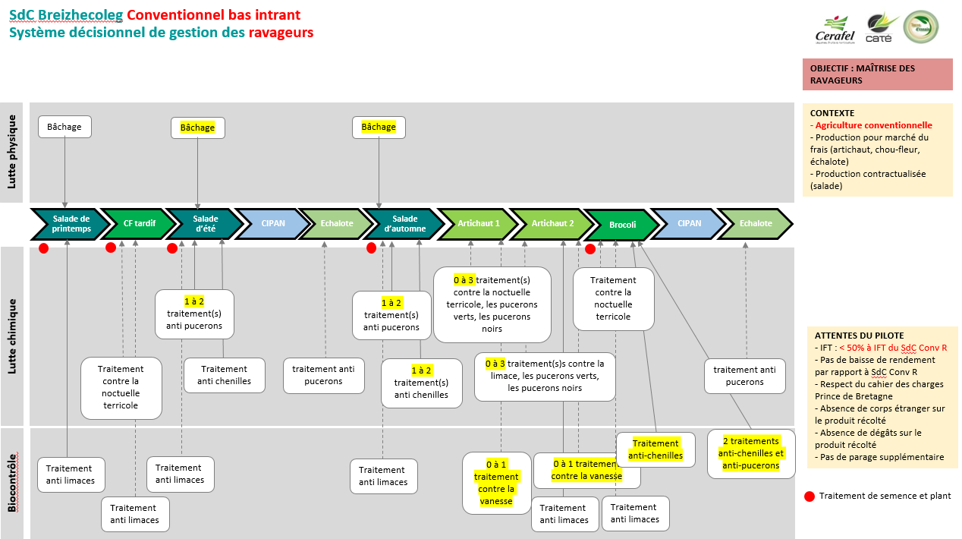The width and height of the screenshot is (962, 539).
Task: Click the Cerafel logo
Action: pyautogui.click(x=835, y=29)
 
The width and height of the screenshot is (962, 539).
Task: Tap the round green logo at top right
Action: pyautogui.click(x=920, y=27)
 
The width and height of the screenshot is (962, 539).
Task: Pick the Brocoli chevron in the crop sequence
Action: pyautogui.click(x=621, y=225)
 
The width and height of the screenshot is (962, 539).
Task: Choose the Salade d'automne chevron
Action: pyautogui.click(x=404, y=223)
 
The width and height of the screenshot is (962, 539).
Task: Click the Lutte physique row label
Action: pyautogui.click(x=11, y=153)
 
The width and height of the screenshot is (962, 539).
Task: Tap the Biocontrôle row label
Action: pyautogui.click(x=12, y=482)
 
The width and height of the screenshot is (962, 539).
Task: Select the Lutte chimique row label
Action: pyautogui.click(x=12, y=336)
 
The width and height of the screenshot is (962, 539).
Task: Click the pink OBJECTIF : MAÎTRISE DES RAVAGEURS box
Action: pyautogui.click(x=877, y=74)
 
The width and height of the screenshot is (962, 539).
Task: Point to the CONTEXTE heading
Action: pyautogui.click(x=832, y=113)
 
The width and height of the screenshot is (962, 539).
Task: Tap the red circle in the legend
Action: pyautogui.click(x=810, y=496)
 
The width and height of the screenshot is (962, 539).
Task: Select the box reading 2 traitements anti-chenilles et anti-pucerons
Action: pyautogui.click(x=750, y=453)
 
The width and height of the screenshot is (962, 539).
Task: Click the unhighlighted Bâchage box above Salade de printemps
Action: pyautogui.click(x=64, y=127)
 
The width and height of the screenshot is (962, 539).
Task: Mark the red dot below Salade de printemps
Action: pyautogui.click(x=44, y=247)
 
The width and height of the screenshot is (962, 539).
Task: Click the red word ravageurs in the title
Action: pyautogui.click(x=281, y=33)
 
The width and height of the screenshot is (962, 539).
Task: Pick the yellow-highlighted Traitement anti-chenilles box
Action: pyautogui.click(x=655, y=449)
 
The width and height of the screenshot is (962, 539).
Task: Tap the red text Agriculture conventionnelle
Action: pyautogui.click(x=873, y=125)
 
